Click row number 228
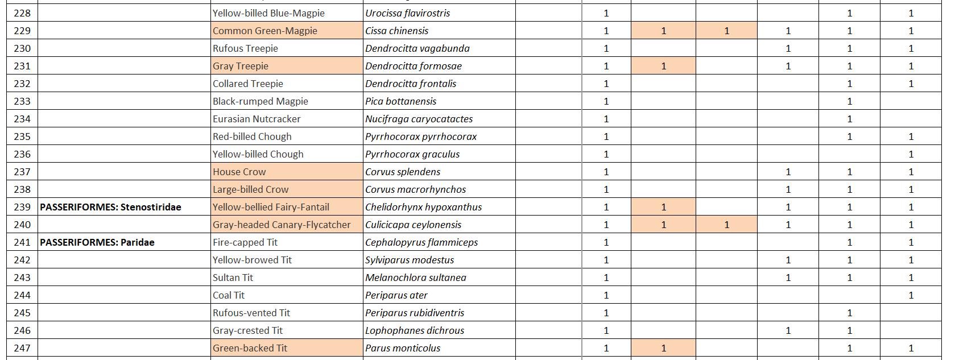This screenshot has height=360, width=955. pos(22,13)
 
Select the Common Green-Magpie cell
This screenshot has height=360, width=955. pos(265,31)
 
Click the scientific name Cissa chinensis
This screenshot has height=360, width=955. pos(397,31)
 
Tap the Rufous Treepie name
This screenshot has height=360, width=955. pos(245,48)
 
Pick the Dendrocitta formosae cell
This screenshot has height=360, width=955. pos(414,66)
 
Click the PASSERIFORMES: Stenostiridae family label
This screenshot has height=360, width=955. pos(110,207)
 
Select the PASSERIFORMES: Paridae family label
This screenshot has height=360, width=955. pos(97,242)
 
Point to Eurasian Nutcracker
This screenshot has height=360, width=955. pos(257,119)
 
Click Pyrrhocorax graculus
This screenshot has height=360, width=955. pos(412,154)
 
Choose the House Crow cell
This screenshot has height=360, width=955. pos(239,172)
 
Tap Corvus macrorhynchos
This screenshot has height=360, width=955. pos(416,189)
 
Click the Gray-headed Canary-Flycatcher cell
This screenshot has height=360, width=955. pos(282,225)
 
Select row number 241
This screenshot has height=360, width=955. pos(22,242)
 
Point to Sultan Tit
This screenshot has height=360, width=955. pos(233,278)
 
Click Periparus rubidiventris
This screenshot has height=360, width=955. pos(415,313)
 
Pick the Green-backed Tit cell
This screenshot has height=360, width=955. pos(250,348)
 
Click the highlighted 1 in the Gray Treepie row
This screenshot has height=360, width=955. pos(663,66)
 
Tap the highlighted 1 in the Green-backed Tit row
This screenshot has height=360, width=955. pos(663,348)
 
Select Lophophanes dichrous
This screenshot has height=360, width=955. pos(415,330)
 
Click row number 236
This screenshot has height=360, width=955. pos(22,154)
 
